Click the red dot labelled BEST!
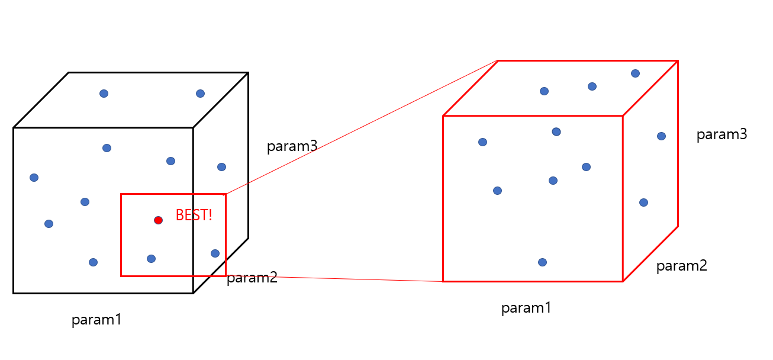pyautogui.click(x=158, y=220)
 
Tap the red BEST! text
pyautogui.click(x=194, y=215)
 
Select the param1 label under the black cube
pyautogui.click(x=96, y=320)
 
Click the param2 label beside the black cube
pyautogui.click(x=252, y=278)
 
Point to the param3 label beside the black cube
pyautogui.click(x=292, y=146)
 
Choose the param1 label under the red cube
pyautogui.click(x=526, y=308)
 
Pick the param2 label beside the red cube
pyautogui.click(x=681, y=266)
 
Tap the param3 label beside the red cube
pyautogui.click(x=722, y=134)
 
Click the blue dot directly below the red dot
pyautogui.click(x=151, y=259)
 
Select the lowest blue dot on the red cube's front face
pyautogui.click(x=542, y=262)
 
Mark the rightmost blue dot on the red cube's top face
pyautogui.click(x=635, y=73)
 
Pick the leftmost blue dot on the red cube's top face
pyautogui.click(x=544, y=91)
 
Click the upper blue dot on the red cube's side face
pyautogui.click(x=661, y=136)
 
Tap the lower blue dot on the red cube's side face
pyautogui.click(x=643, y=202)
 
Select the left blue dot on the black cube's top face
pyautogui.click(x=104, y=94)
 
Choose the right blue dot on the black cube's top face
pyautogui.click(x=200, y=94)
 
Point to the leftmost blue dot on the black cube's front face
pyautogui.click(x=34, y=178)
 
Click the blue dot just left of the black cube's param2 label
pyautogui.click(x=215, y=253)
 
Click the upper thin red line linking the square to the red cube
pyautogui.click(x=361, y=127)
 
